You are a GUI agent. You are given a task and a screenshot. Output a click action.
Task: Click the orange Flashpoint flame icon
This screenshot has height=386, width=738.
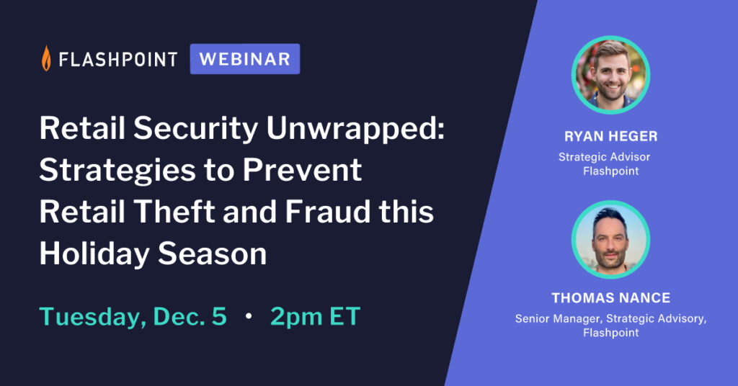point(46,58)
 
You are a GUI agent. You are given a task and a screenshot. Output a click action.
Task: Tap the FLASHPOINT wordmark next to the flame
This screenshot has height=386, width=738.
point(118,60)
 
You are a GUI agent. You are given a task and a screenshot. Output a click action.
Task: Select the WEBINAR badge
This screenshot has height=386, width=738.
point(245,59)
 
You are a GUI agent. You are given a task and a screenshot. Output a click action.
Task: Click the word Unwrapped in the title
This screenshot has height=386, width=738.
point(355,128)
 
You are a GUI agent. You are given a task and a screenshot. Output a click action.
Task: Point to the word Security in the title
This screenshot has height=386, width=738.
point(196,128)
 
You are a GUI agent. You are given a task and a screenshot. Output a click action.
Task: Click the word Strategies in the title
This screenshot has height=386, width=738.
point(117,170)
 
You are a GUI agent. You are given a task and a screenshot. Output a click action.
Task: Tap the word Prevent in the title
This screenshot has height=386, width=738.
point(302,170)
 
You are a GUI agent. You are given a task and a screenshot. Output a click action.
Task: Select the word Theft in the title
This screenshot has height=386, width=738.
point(174,212)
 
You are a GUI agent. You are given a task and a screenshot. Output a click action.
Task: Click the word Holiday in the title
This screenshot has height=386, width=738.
point(94,254)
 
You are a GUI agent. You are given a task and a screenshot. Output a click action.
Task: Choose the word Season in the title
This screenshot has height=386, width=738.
point(213,254)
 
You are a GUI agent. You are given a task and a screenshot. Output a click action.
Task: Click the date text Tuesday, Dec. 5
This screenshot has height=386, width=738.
point(133,316)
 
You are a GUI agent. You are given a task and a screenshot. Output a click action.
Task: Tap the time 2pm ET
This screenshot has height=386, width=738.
point(316,316)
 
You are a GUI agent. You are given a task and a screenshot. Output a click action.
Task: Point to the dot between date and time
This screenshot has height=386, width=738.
point(249,316)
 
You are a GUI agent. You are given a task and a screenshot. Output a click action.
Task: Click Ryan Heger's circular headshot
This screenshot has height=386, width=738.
point(611,75)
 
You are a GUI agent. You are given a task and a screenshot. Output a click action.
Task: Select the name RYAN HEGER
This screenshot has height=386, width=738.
point(611,136)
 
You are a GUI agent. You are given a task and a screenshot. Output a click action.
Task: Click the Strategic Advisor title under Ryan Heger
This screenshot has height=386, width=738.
point(605,157)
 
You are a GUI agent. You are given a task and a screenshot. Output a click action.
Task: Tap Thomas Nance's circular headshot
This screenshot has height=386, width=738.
point(611,240)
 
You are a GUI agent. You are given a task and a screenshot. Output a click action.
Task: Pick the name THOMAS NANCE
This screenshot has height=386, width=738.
point(611,298)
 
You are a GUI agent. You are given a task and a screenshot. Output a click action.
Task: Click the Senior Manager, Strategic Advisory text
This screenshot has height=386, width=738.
point(611,319)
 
